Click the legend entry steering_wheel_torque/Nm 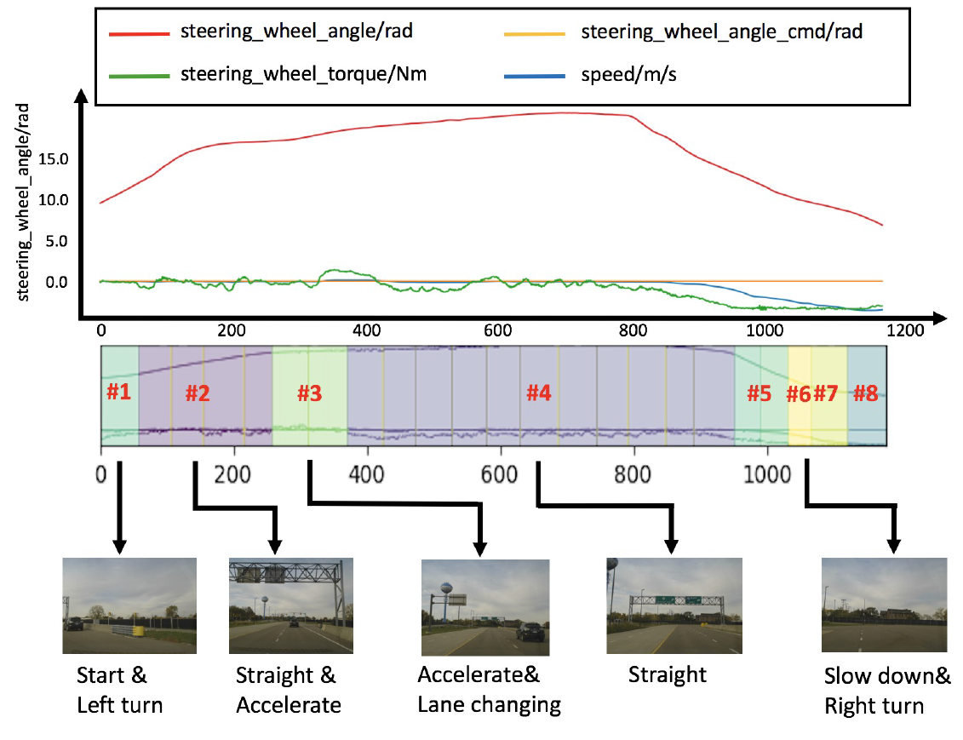click(x=303, y=74)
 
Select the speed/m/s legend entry click(x=629, y=75)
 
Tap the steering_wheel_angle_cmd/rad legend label click(x=722, y=32)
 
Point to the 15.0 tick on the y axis click(x=54, y=160)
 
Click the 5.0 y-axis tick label click(x=57, y=241)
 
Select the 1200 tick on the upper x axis click(x=905, y=330)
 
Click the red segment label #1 click(x=118, y=391)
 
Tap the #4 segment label click(x=539, y=393)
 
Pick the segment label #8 click(x=866, y=393)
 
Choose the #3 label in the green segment click(x=310, y=393)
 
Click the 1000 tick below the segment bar click(x=767, y=474)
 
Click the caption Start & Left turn click(x=119, y=690)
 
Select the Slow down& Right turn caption click(x=887, y=691)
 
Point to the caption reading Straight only click(x=667, y=674)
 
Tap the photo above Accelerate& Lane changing click(x=485, y=607)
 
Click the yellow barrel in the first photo click(x=140, y=631)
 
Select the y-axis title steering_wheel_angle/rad click(x=23, y=202)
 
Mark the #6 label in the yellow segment click(x=799, y=393)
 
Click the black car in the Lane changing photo click(x=530, y=632)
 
